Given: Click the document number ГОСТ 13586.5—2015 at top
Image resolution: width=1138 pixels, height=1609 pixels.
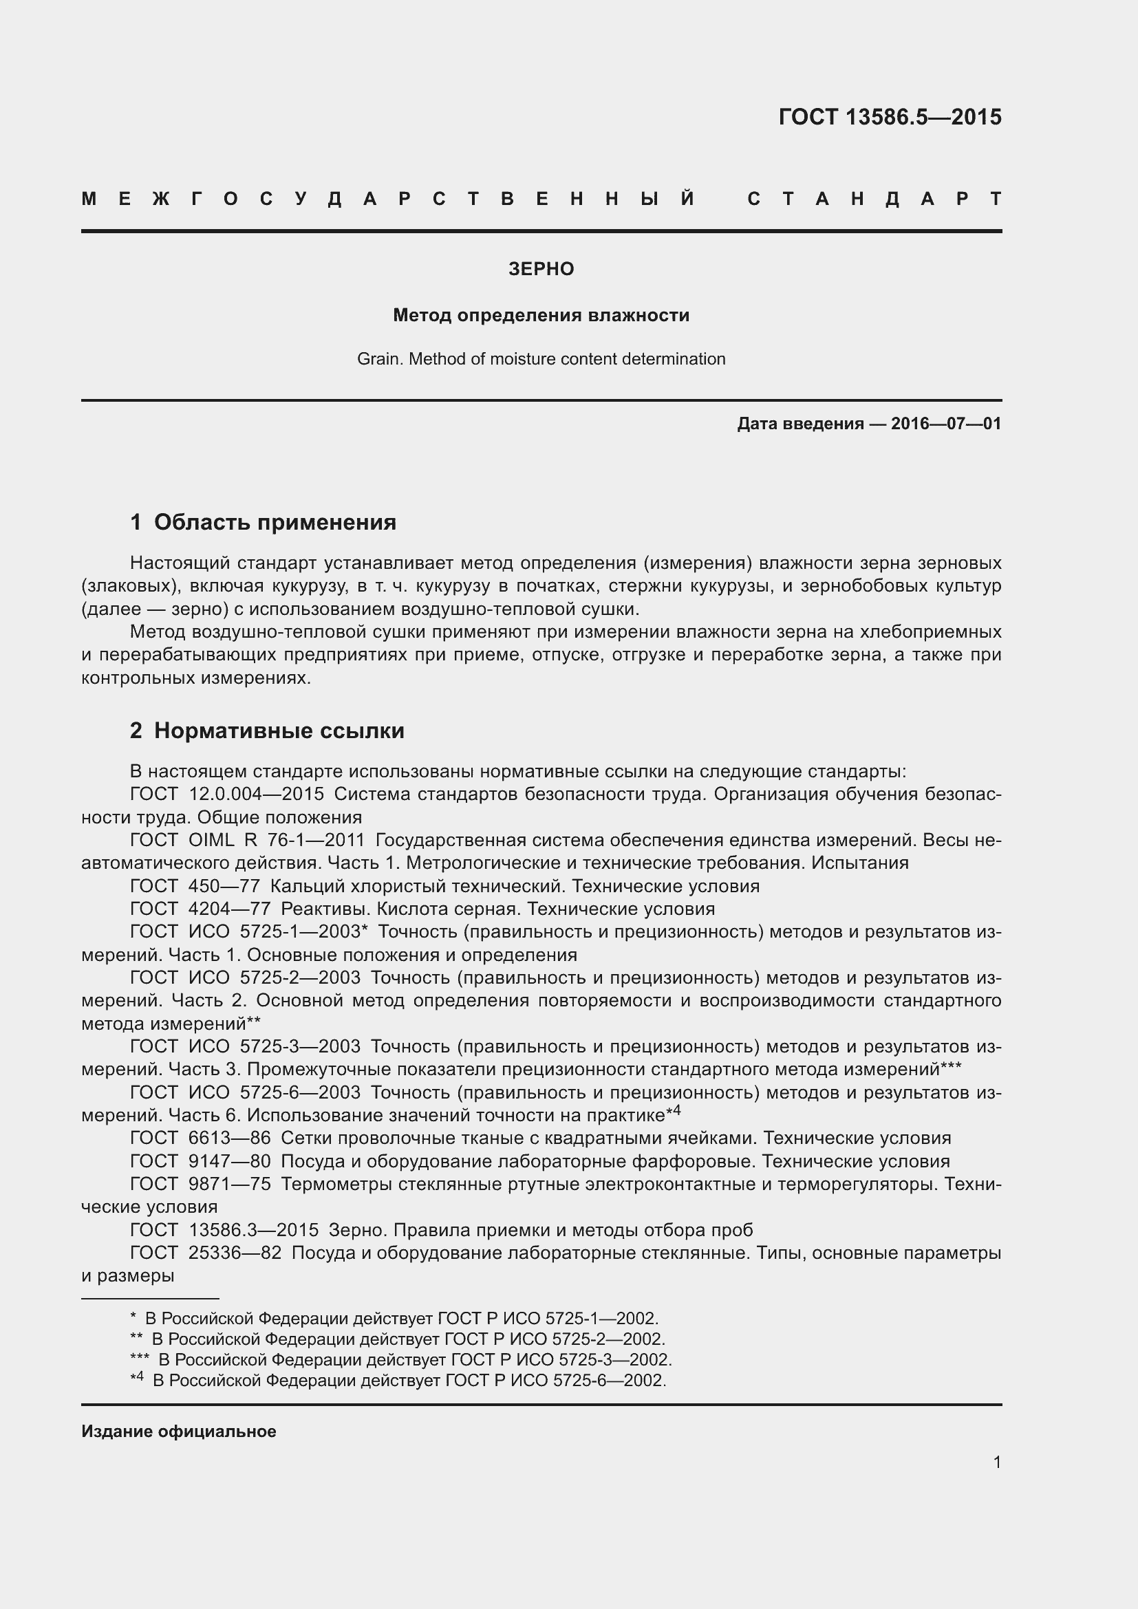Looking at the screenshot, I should (x=889, y=117).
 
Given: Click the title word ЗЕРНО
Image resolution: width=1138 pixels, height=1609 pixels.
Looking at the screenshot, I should (x=541, y=269).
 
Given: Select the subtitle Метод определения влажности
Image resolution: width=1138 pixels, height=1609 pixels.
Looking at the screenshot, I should (x=541, y=315).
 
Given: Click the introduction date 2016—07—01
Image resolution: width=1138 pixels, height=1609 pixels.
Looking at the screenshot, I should (x=946, y=423).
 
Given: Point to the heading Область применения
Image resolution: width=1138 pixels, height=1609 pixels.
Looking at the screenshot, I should (x=275, y=522).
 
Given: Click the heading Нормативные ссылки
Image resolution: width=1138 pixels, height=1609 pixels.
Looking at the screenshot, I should (x=279, y=731).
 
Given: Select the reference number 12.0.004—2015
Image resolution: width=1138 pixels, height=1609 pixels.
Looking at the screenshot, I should (x=257, y=794).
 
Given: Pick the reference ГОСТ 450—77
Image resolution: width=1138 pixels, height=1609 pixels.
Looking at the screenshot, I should (x=195, y=887).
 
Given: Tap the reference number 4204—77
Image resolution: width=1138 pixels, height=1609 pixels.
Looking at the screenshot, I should (x=229, y=909).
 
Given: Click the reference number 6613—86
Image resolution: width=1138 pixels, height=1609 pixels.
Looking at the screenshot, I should (x=229, y=1138).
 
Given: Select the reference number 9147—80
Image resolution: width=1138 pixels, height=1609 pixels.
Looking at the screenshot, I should (x=229, y=1162).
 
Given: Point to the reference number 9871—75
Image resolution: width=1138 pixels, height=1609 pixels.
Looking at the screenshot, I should (x=229, y=1185).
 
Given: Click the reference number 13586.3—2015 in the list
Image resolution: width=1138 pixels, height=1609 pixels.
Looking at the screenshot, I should (x=254, y=1231).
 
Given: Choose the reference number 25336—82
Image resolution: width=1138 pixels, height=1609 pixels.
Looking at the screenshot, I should (x=235, y=1254).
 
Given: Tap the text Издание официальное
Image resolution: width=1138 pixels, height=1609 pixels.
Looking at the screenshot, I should (x=179, y=1432).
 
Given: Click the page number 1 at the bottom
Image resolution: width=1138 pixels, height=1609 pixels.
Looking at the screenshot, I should (x=996, y=1462).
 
